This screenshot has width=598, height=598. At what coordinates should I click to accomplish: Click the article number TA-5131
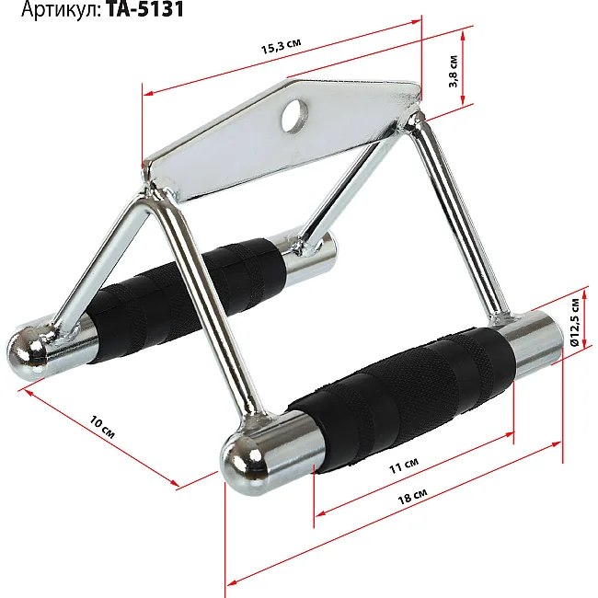(x=145, y=9)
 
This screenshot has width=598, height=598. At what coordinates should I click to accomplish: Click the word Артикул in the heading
(x=61, y=10)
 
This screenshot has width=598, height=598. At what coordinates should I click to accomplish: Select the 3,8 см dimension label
(x=453, y=72)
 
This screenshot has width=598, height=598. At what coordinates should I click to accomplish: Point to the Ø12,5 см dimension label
(x=575, y=322)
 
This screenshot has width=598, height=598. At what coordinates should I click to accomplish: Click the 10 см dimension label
(x=102, y=427)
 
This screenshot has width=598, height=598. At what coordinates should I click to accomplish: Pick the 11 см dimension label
(x=404, y=466)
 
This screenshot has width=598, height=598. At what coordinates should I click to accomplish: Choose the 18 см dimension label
(x=412, y=496)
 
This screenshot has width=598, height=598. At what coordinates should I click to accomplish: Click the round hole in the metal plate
(x=294, y=116)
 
